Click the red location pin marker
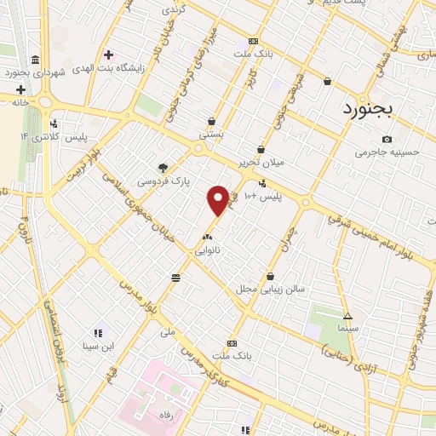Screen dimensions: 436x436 click(x=218, y=200)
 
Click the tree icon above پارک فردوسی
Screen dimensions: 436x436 click(x=163, y=168)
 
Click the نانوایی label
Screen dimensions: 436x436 click(x=208, y=251)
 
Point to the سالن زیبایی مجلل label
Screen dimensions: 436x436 click(x=271, y=290)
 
